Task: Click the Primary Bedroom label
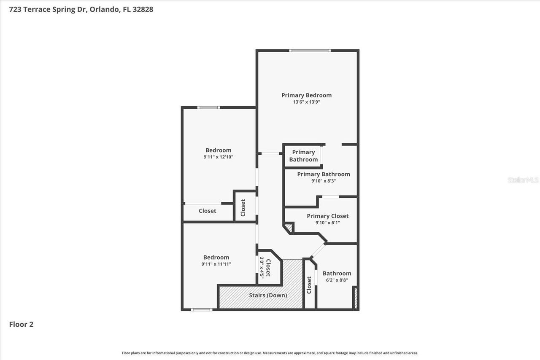[306, 95]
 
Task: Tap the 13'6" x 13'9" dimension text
[306, 102]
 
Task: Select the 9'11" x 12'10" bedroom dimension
[218, 157]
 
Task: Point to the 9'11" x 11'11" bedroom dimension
[216, 264]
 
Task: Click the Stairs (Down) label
[268, 295]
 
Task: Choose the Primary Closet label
[327, 216]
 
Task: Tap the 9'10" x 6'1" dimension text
[327, 223]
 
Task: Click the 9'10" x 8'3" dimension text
[323, 181]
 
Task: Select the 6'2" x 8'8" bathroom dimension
[337, 280]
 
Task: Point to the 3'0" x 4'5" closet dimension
[262, 267]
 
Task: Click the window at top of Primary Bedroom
[310, 51]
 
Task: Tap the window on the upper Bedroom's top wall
[208, 107]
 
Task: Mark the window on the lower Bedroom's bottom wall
[201, 310]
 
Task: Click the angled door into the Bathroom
[318, 250]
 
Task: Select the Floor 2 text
[21, 324]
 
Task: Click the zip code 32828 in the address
[143, 9]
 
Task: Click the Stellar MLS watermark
[523, 180]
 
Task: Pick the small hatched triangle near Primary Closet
[289, 228]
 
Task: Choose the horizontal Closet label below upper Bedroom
[207, 211]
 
